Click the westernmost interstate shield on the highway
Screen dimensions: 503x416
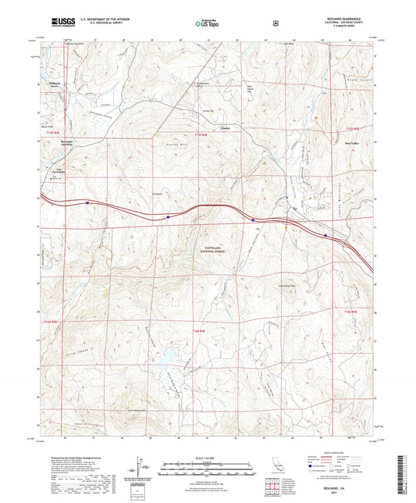tap(87, 205)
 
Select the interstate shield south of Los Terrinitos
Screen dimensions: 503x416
tap(168, 216)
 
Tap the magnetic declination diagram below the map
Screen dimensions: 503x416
tap(139, 464)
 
